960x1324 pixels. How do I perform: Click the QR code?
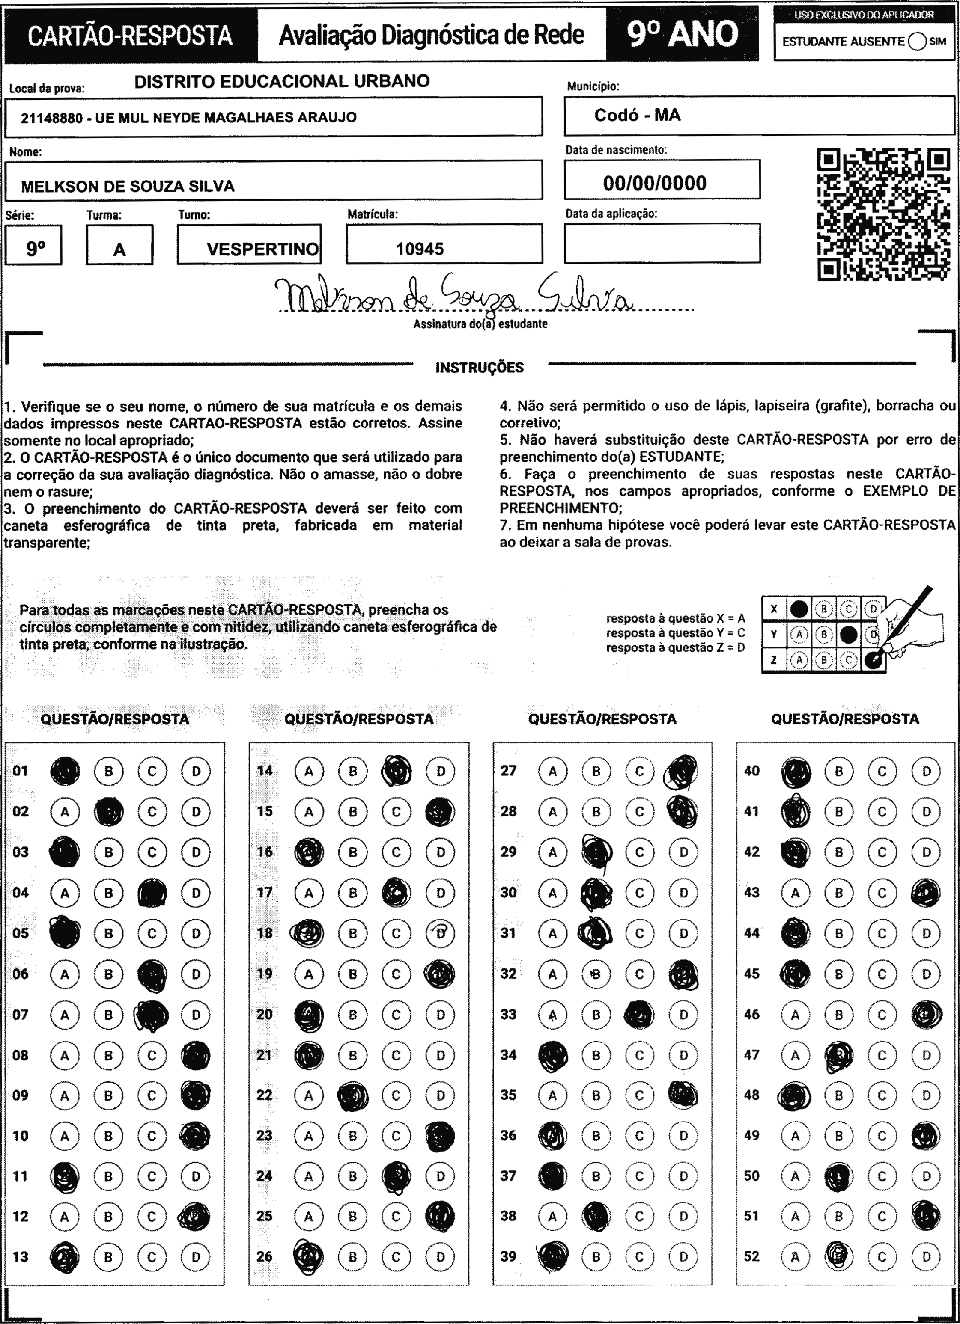point(883,215)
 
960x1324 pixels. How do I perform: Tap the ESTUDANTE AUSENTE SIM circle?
point(917,42)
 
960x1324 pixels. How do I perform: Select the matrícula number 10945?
point(420,249)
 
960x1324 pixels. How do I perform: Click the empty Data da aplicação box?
point(662,243)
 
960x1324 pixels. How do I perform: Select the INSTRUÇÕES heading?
point(479,368)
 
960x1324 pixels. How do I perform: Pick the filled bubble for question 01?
point(65,771)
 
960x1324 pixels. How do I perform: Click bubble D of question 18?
point(441,933)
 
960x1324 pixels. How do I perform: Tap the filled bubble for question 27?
point(681,771)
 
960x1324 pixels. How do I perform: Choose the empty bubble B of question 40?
point(838,771)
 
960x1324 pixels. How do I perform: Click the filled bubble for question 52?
point(838,1256)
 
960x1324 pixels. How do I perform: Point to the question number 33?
point(508,1014)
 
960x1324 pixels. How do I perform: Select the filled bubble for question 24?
point(396,1176)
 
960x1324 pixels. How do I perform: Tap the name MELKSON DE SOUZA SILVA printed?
point(127,186)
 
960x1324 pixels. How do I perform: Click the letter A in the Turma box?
point(119,250)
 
